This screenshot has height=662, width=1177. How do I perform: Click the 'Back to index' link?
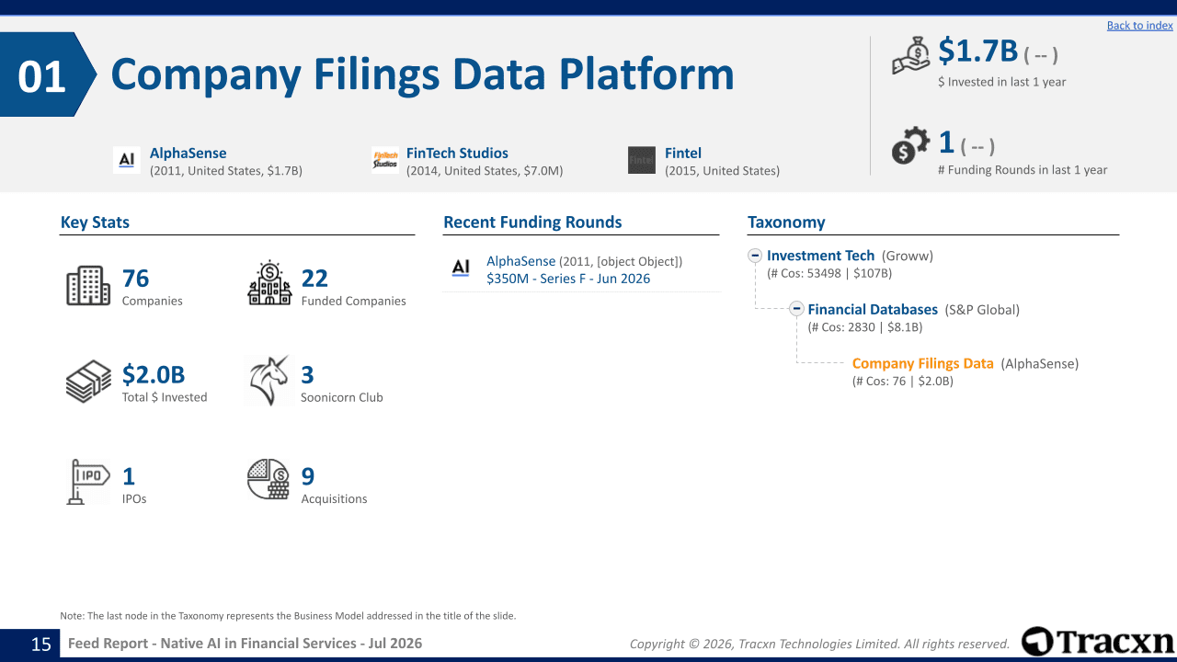1139,25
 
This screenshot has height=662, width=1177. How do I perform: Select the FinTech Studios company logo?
385,160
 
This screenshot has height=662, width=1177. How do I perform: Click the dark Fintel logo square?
642,160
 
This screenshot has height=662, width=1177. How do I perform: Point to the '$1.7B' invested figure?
977,51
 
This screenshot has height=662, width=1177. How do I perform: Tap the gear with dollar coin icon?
910,145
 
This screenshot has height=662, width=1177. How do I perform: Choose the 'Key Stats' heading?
95,223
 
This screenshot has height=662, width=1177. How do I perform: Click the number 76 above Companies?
135,279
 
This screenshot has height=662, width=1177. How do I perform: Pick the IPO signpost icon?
87,482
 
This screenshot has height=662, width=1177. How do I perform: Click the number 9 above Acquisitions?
308,476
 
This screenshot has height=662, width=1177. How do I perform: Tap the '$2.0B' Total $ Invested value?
154,374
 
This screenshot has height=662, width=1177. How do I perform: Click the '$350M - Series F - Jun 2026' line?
568,279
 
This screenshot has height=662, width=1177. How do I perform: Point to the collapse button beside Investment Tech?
755,256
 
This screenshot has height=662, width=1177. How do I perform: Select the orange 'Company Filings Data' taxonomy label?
922,363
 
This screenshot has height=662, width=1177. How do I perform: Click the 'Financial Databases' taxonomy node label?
873,310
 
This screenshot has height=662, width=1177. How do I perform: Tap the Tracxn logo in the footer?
1097,642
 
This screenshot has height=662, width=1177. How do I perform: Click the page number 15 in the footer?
41,645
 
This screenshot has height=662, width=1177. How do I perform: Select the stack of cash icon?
88,382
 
